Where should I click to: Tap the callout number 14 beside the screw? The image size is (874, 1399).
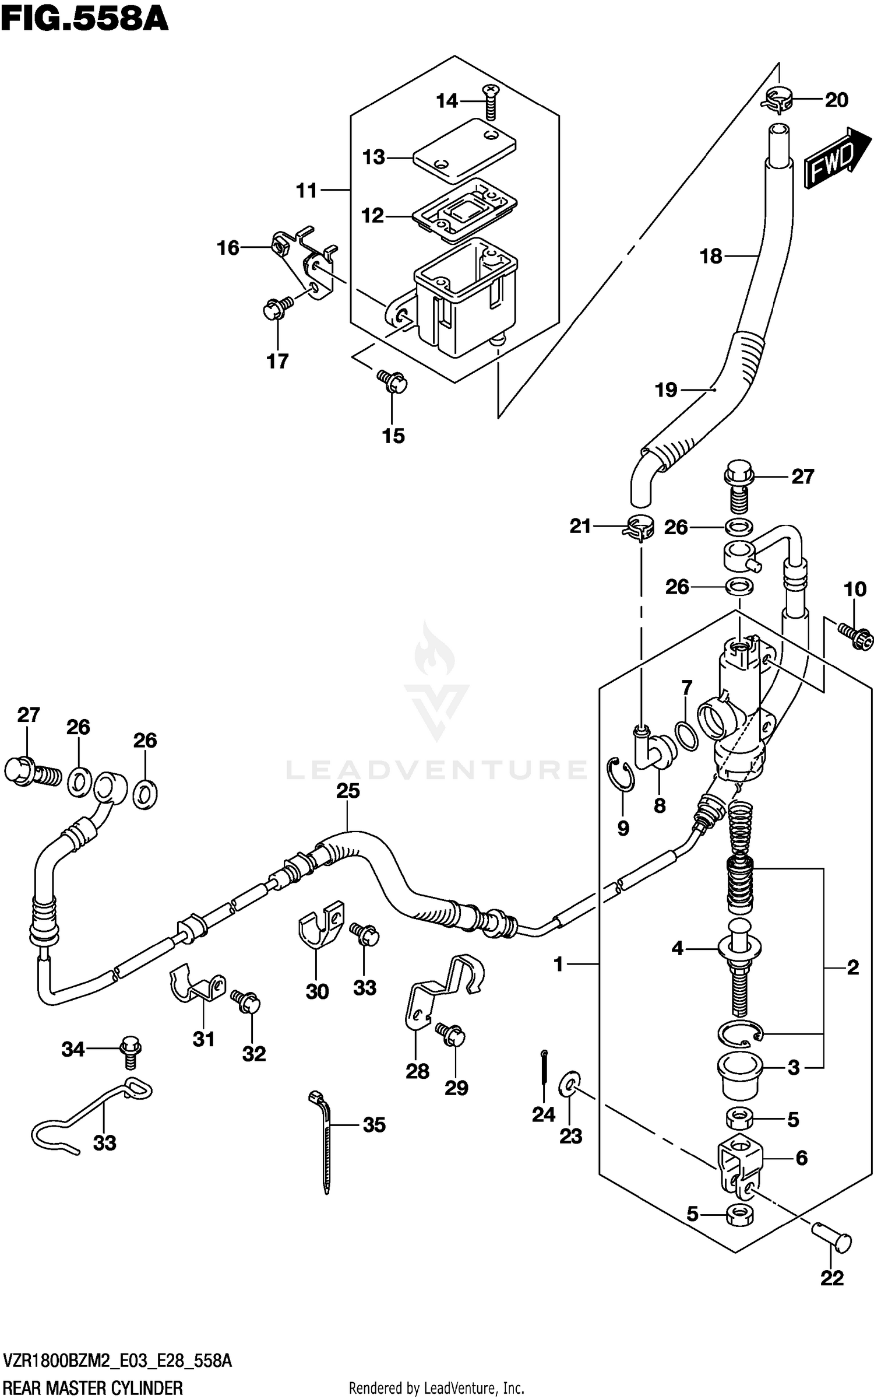pos(447,101)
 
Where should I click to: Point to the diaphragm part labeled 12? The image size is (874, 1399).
pos(464,209)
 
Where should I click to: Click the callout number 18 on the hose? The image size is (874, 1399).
pos(711,256)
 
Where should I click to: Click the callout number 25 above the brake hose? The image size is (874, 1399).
pos(348,791)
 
